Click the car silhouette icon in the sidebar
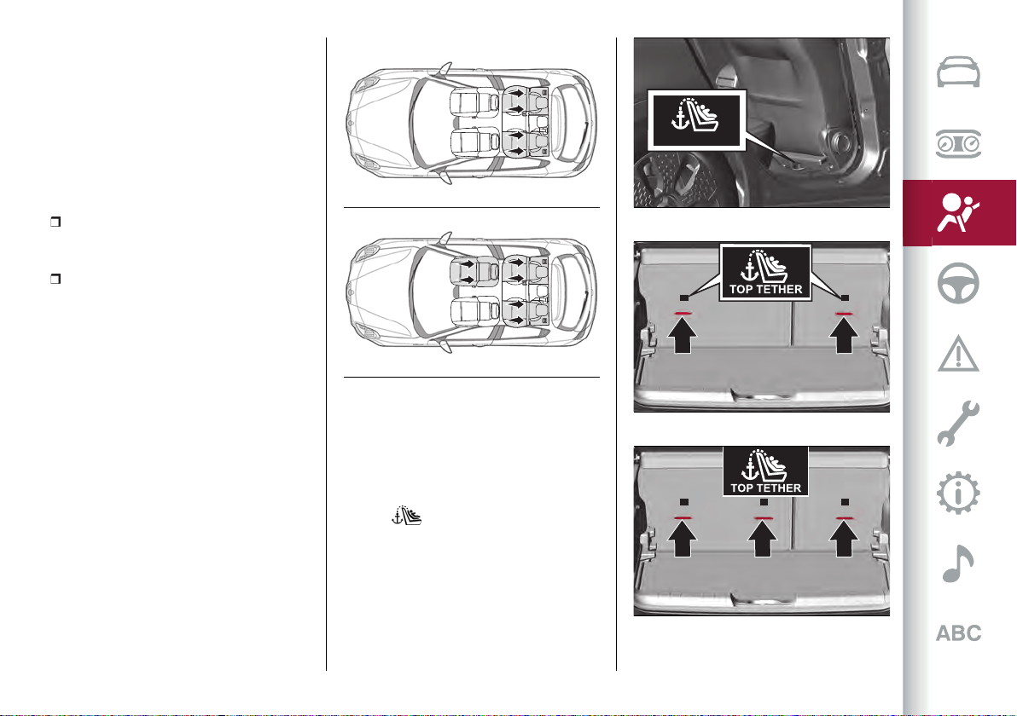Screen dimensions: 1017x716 coord(958,72)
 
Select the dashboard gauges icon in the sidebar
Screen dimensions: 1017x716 coord(958,144)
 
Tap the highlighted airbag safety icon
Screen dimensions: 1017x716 coord(957,212)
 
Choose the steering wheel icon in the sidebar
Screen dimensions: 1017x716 coord(958,283)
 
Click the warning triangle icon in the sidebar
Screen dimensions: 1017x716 coord(958,354)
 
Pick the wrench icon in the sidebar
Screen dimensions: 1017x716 coord(957,423)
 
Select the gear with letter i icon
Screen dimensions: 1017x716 coord(958,494)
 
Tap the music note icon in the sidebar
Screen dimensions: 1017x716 coord(957,563)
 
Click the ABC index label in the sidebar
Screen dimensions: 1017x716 coord(959,633)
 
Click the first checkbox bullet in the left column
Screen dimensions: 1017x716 coord(55,222)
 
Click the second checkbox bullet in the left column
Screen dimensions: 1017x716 coord(55,279)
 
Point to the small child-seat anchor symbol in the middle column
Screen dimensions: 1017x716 coord(407,515)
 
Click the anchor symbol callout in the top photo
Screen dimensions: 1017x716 coord(696,120)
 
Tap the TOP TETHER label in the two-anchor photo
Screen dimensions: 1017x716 coord(766,289)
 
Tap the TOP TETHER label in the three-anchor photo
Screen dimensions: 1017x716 coord(766,488)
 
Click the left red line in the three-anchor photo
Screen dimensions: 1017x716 coord(683,517)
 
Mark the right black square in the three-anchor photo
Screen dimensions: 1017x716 coord(845,501)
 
